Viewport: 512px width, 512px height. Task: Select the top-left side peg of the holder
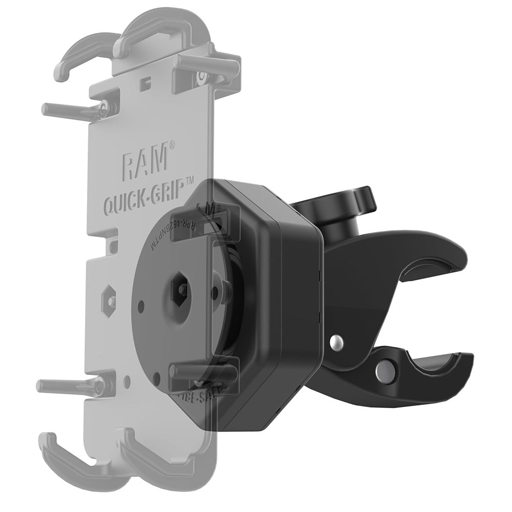point(67,109)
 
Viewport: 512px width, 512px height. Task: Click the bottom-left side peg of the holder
point(61,386)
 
